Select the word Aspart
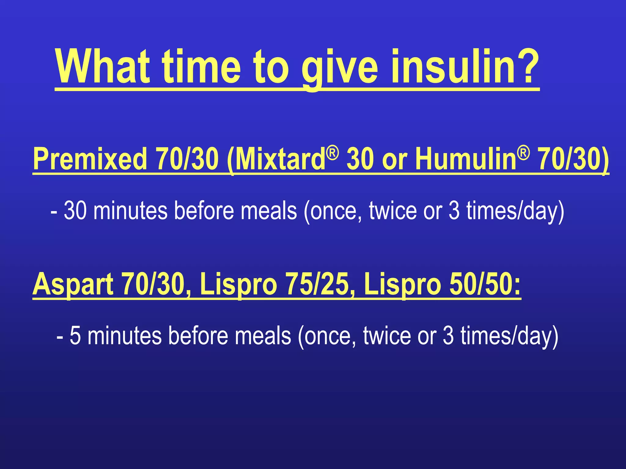pos(73,284)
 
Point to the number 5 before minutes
pos(75,336)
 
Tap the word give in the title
pos(340,67)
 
